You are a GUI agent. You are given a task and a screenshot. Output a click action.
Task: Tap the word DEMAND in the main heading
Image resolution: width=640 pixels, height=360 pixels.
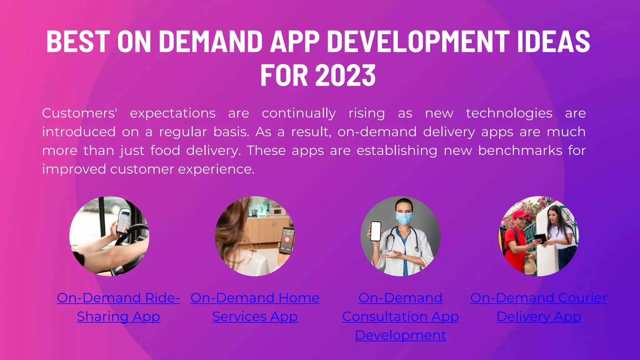tap(211, 41)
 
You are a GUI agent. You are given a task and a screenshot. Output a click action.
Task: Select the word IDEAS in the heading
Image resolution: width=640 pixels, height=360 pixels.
tap(553, 41)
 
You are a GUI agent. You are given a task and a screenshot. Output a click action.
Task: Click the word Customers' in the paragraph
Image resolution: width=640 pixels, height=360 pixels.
tap(79, 113)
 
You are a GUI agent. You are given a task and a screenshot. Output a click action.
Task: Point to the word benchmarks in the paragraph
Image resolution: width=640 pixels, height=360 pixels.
tap(520, 151)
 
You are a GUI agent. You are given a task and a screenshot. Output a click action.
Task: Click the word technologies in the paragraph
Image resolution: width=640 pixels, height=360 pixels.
tap(509, 113)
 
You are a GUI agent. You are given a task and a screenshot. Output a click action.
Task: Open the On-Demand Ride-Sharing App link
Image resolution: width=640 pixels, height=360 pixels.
tap(118, 307)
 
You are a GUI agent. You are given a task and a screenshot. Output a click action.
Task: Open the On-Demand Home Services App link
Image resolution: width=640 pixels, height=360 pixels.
tap(255, 307)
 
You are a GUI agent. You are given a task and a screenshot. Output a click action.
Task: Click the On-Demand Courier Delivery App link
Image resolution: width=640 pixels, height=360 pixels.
tap(538, 307)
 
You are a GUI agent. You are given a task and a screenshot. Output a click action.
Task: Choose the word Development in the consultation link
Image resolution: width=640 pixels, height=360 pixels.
tap(400, 335)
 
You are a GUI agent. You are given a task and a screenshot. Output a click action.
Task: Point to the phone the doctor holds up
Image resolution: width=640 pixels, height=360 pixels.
tap(376, 231)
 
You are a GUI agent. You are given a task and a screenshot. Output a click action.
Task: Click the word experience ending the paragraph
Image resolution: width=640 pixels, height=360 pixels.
tap(216, 169)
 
